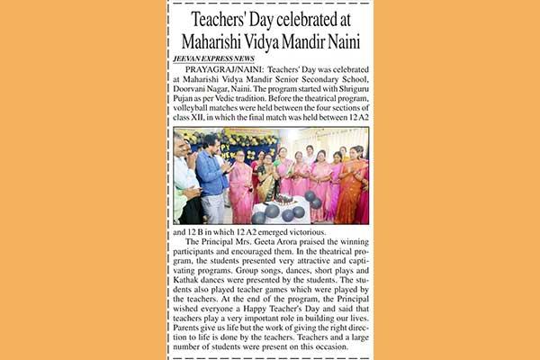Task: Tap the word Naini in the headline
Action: pos(337,41)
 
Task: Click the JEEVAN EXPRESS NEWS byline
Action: pos(214,58)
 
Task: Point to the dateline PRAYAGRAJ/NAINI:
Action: pos(221,69)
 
